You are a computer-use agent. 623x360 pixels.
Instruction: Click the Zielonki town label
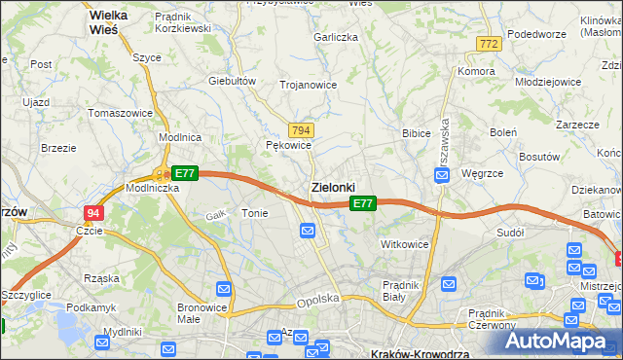[332, 186]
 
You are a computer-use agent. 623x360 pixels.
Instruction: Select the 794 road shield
[301, 129]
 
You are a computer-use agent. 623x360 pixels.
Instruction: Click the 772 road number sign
[489, 44]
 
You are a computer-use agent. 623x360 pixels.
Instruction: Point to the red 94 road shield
[92, 212]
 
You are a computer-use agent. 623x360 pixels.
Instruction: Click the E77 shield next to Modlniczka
[185, 173]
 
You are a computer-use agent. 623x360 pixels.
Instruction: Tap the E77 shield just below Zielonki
[362, 203]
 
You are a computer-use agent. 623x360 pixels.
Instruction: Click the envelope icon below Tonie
[308, 231]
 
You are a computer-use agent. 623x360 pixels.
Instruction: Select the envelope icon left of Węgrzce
[441, 175]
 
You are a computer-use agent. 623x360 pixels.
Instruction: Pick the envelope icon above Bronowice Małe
[224, 289]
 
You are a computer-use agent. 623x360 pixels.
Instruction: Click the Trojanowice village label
[308, 85]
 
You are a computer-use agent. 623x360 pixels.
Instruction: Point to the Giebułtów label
[232, 81]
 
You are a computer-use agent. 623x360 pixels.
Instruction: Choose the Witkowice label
[405, 244]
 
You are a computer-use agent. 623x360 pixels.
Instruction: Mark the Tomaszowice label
[120, 113]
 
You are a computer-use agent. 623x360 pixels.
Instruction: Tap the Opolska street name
[317, 301]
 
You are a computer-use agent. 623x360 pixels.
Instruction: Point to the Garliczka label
[336, 37]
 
